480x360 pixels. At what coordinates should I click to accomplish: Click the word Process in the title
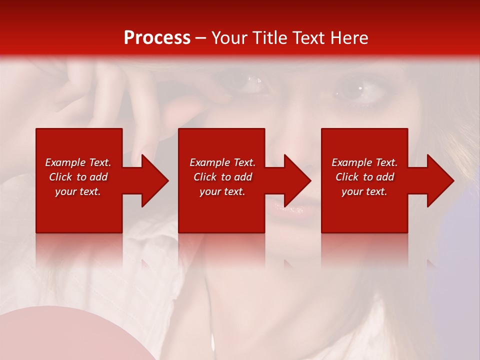tap(157, 38)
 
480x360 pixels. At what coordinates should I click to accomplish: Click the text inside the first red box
tap(78, 177)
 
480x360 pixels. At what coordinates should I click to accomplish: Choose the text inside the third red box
tap(364, 177)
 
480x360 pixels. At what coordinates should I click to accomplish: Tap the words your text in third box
tap(364, 191)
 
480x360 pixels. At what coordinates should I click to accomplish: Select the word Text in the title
tap(307, 38)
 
